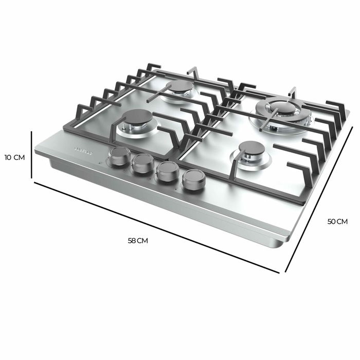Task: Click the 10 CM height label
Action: (14, 157)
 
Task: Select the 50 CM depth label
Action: (337, 221)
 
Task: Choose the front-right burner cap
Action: (251, 149)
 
